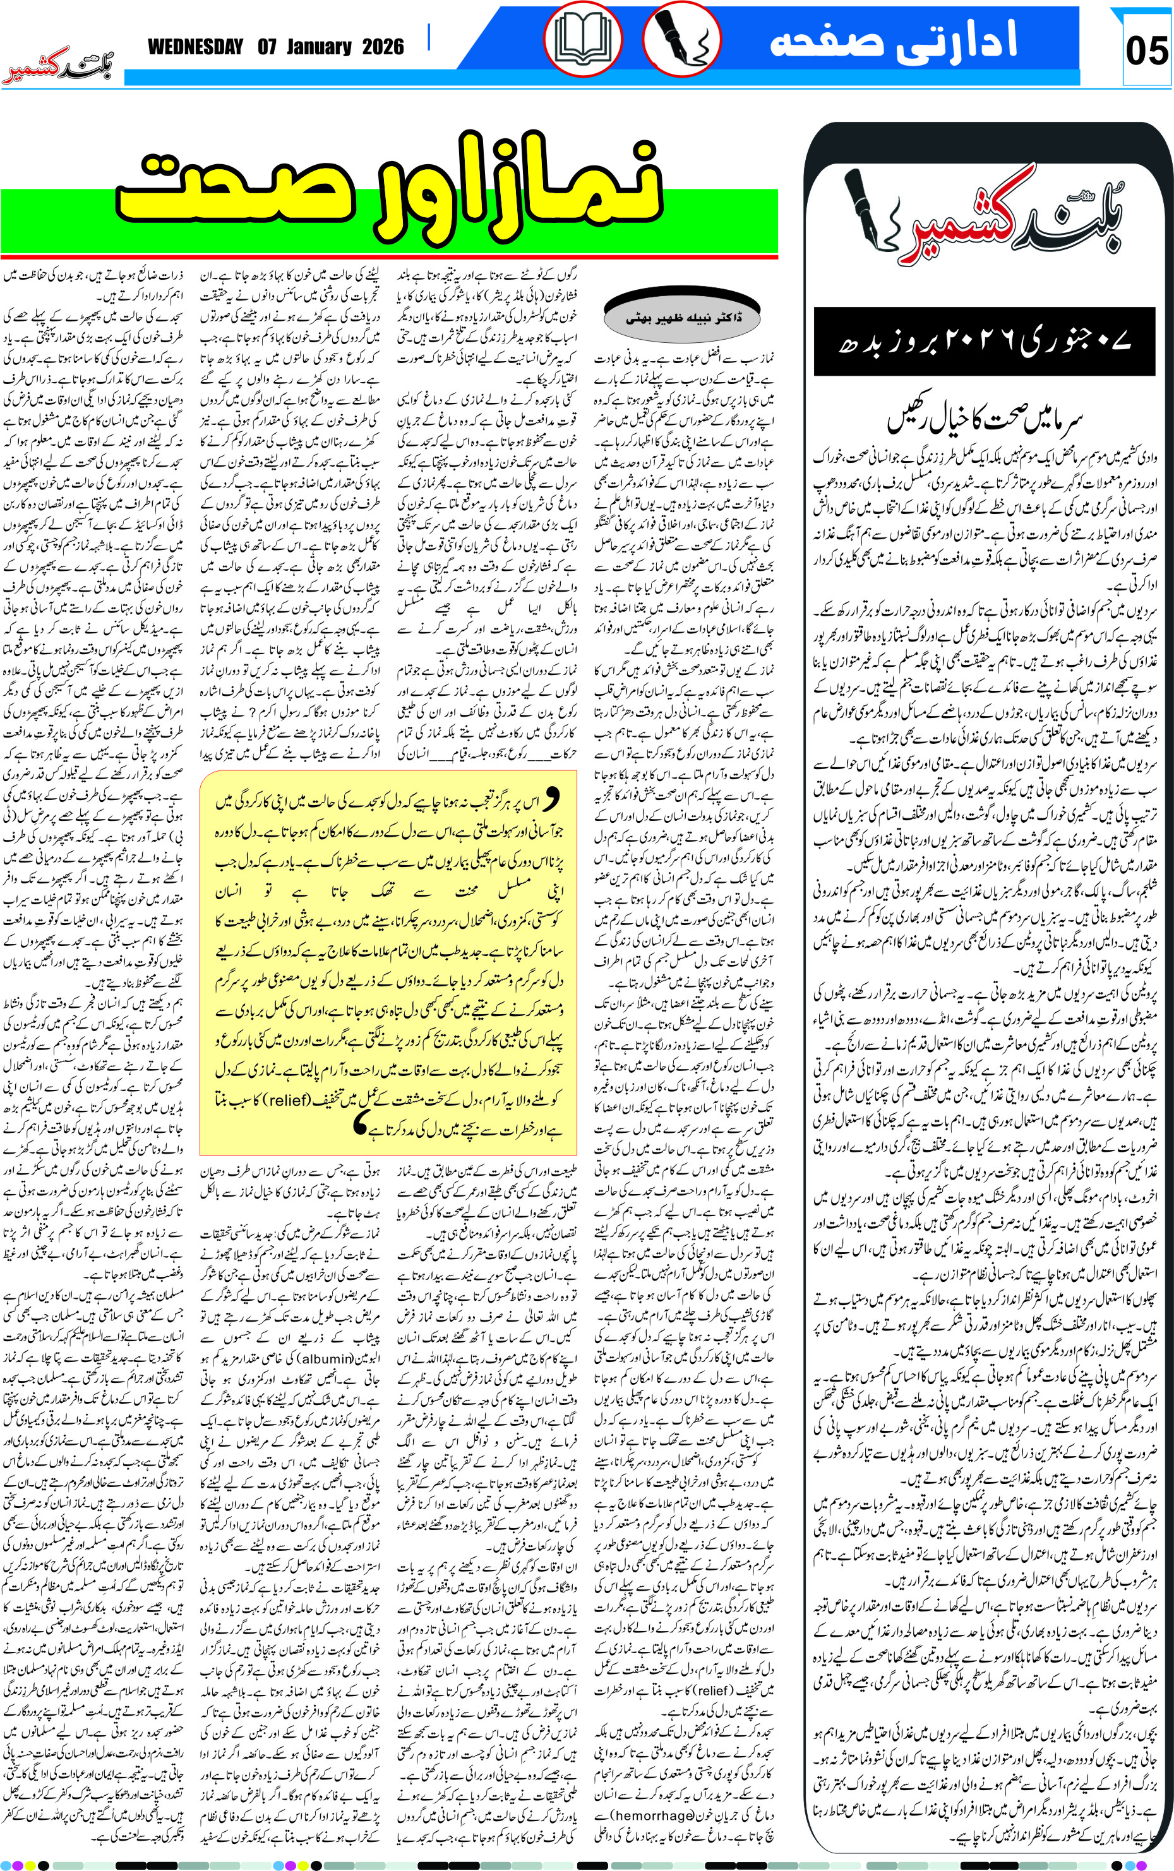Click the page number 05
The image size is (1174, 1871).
[x=1146, y=51]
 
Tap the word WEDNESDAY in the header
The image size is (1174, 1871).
[x=196, y=47]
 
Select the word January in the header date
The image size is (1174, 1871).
[x=319, y=47]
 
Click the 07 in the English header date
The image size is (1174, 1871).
[x=268, y=47]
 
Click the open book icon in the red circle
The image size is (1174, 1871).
[x=582, y=40]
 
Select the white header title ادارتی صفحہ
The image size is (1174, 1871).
[x=893, y=40]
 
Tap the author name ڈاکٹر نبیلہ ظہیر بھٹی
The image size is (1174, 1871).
[x=683, y=318]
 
